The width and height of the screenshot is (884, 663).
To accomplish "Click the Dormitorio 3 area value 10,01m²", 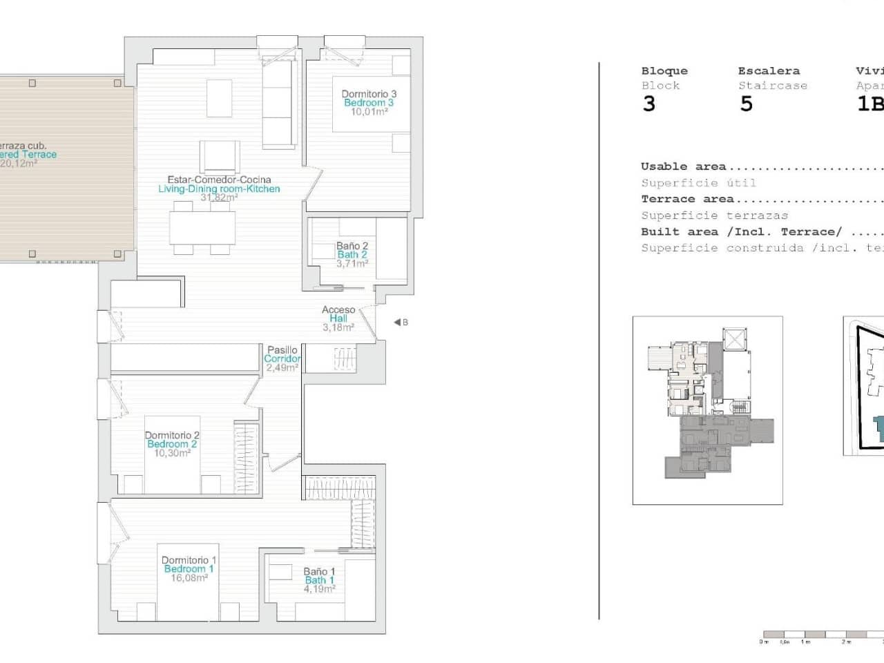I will (x=369, y=112).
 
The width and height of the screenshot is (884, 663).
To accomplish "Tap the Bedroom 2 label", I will (x=172, y=444).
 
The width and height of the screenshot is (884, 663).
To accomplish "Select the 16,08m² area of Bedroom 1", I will (x=189, y=578).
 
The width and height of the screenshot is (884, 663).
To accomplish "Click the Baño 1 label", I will (x=319, y=571).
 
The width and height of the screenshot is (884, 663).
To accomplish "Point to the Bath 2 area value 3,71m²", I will (x=352, y=264).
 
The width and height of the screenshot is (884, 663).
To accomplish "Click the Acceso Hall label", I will (x=338, y=314).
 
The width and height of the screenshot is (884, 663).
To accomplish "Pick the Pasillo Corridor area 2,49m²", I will (x=282, y=368).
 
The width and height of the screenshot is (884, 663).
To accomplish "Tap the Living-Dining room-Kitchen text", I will (x=219, y=189).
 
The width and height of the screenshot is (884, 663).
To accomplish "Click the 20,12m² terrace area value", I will (x=19, y=164).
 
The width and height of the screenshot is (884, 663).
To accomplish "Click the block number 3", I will (x=648, y=104).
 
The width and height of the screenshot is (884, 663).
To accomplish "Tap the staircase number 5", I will (x=746, y=104).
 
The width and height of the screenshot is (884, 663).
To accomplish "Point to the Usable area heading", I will (x=683, y=166).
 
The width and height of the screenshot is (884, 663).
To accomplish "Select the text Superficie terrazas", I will (x=714, y=215).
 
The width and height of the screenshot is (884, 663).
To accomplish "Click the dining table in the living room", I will (x=203, y=228).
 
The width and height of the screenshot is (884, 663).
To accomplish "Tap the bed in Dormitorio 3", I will (x=372, y=104).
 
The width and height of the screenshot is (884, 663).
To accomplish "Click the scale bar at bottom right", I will (x=822, y=634).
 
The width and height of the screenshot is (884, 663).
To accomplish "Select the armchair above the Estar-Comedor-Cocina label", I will (x=220, y=156).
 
